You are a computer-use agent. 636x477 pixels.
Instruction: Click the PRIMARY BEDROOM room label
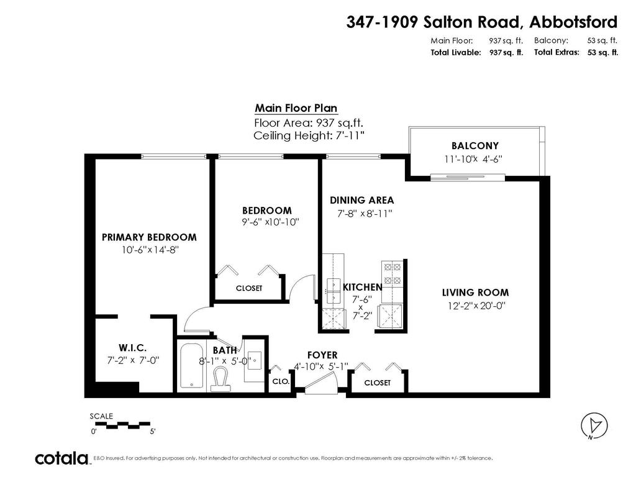[149, 237]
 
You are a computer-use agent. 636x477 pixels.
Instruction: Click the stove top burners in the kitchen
[393, 274]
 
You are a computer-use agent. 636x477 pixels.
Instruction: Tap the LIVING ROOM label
[475, 293]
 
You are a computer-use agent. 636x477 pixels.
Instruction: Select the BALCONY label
[475, 145]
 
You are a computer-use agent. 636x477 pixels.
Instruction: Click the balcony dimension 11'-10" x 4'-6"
[473, 159]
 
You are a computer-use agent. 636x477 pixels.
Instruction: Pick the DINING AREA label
[361, 200]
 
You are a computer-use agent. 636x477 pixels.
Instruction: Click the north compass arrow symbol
[594, 425]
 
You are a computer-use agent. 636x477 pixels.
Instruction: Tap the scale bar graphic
[122, 426]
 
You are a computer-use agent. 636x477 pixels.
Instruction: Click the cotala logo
[61, 459]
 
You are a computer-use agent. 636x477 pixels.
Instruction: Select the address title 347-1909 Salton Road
[481, 22]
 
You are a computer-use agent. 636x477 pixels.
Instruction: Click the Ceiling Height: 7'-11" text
[309, 135]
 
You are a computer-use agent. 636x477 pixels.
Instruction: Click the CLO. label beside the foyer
[281, 382]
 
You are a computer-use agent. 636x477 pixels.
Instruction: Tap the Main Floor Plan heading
[296, 108]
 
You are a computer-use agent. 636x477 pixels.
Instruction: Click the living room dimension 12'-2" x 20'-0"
[475, 305]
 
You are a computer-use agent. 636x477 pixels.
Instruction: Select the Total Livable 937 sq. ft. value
[506, 53]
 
